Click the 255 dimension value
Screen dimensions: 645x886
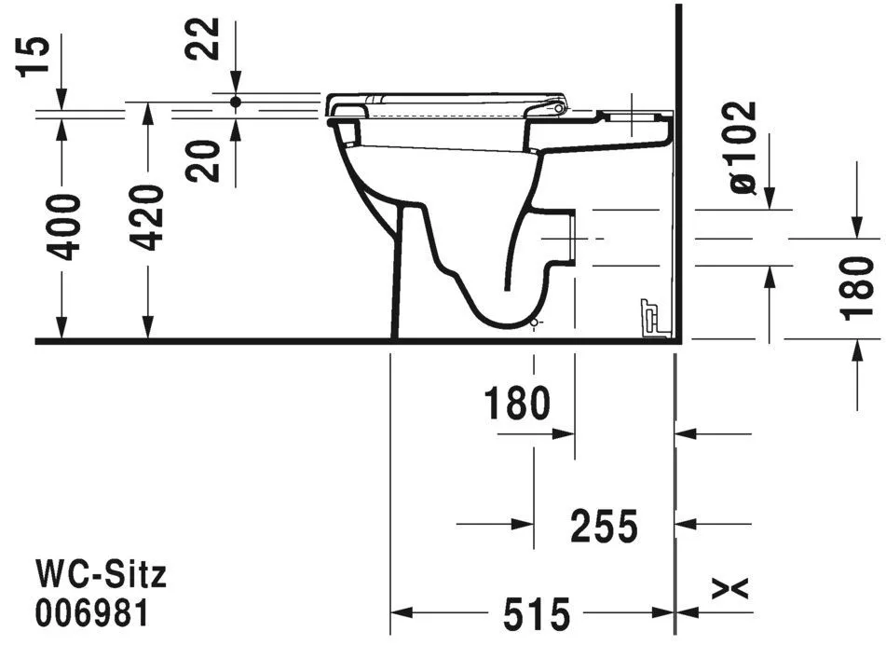pyautogui.click(x=605, y=527)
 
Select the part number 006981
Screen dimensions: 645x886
pyautogui.click(x=91, y=614)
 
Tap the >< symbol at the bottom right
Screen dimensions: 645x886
pyautogui.click(x=730, y=588)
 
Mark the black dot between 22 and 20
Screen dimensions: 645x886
pyautogui.click(x=236, y=101)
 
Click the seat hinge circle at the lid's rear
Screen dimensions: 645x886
pyautogui.click(x=559, y=109)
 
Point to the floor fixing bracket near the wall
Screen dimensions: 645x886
pyautogui.click(x=649, y=317)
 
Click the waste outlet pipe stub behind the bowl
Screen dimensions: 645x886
pyautogui.click(x=567, y=238)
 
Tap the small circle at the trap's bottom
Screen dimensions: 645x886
pyautogui.click(x=534, y=323)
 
